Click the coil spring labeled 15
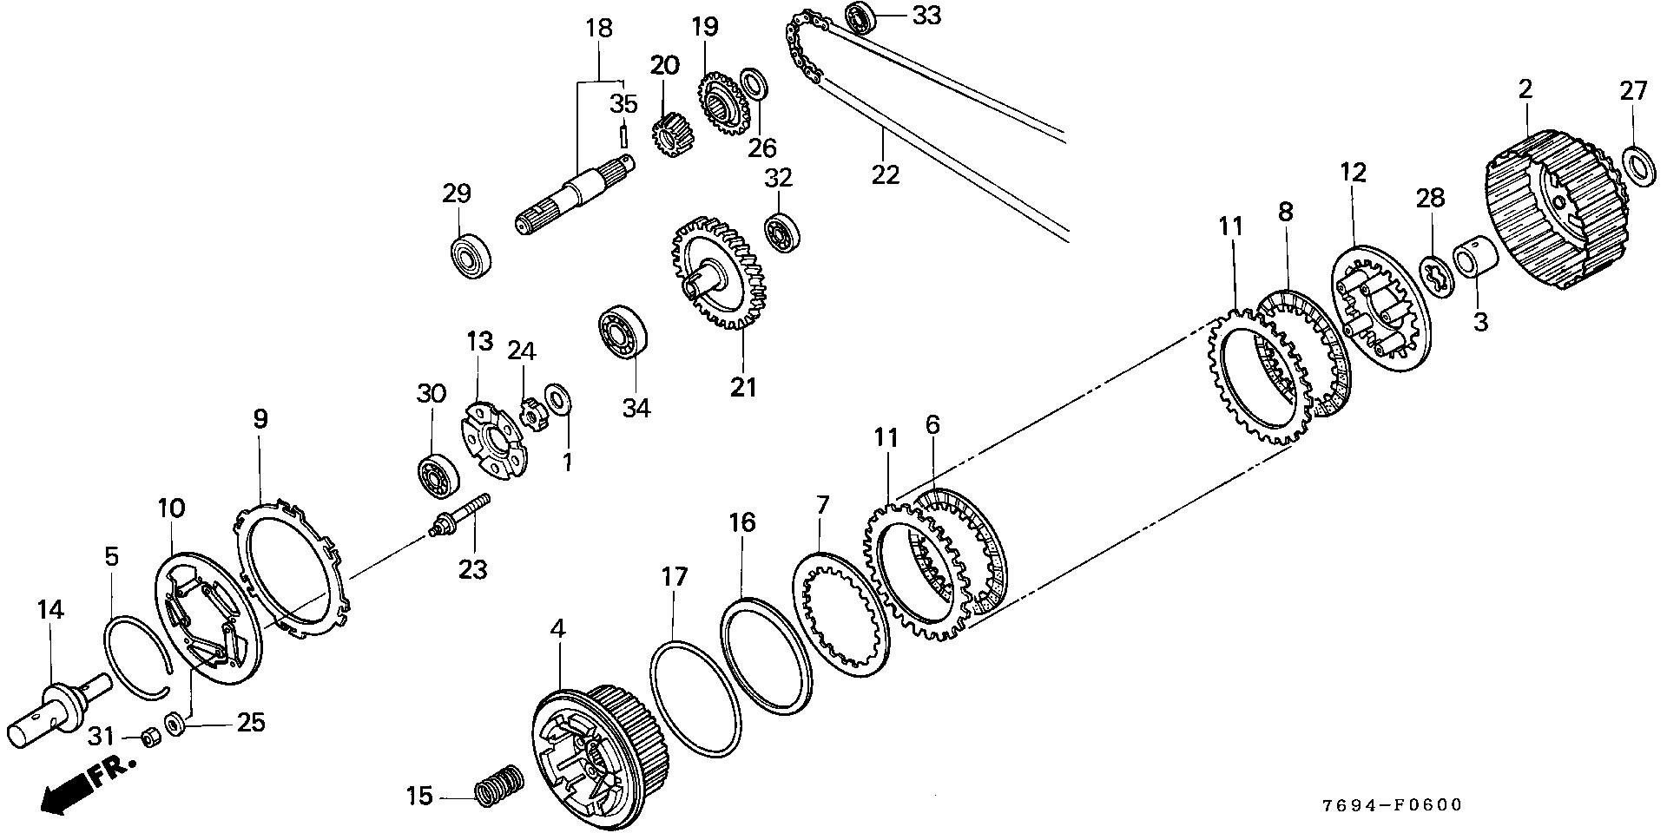(499, 784)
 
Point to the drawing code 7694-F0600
(1392, 805)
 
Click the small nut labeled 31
(148, 739)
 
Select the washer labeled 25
(174, 722)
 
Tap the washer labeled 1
(557, 399)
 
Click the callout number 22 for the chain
(886, 174)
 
